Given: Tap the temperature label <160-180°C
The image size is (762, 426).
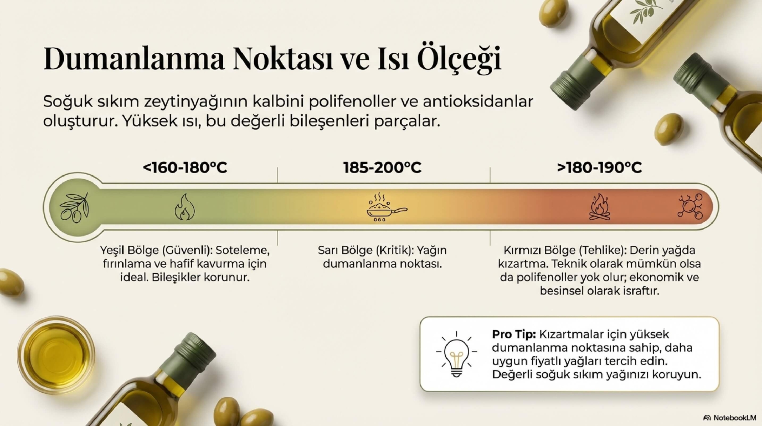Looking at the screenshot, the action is [x=185, y=168].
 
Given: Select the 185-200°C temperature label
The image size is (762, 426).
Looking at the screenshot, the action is [x=382, y=168].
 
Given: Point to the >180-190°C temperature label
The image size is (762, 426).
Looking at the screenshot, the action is [x=599, y=168].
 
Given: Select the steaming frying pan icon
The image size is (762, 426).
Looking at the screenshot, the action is [x=386, y=207].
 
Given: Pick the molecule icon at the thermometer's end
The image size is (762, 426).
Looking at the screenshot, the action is [x=690, y=206].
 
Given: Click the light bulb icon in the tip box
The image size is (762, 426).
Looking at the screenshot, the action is [x=456, y=354].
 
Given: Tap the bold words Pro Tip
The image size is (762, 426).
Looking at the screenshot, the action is [x=514, y=334].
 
